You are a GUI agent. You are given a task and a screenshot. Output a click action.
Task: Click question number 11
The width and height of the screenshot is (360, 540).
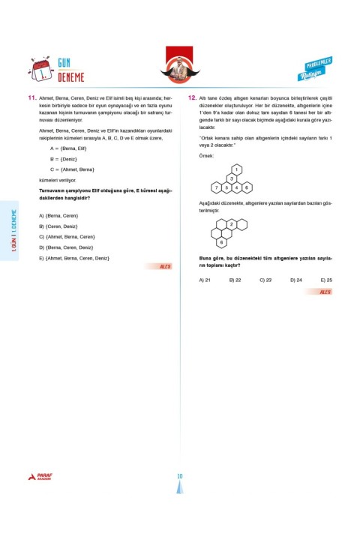pos(32,98)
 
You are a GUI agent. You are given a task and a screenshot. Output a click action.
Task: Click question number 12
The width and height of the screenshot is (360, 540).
pos(193,98)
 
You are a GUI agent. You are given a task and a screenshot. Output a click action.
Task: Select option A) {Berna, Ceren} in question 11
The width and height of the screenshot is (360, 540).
pos(58,215)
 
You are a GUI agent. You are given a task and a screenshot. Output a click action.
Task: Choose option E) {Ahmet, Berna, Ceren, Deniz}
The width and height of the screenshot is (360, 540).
pos(73,258)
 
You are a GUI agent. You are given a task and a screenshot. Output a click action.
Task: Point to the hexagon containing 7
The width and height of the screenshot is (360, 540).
pos(217,187)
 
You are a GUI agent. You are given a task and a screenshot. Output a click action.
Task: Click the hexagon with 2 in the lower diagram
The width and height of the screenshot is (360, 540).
pos(231,224)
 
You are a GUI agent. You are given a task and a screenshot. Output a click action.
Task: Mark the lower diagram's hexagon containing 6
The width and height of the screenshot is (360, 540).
pos(220,241)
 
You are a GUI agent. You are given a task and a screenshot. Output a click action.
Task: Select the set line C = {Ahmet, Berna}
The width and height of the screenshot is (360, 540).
pos(72,169)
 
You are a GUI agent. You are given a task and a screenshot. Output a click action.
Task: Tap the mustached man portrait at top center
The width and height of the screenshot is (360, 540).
pos(180,66)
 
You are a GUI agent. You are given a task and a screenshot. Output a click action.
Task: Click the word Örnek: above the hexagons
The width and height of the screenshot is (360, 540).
pos(206,155)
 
